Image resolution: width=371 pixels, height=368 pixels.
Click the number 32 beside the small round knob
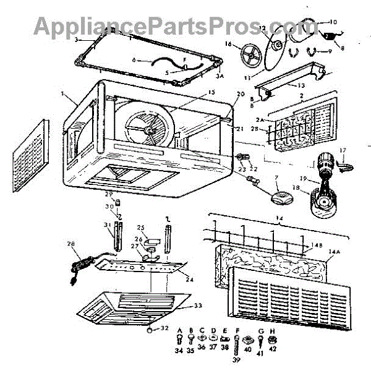click(x=163, y=328)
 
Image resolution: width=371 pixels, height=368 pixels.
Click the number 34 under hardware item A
click(x=180, y=351)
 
